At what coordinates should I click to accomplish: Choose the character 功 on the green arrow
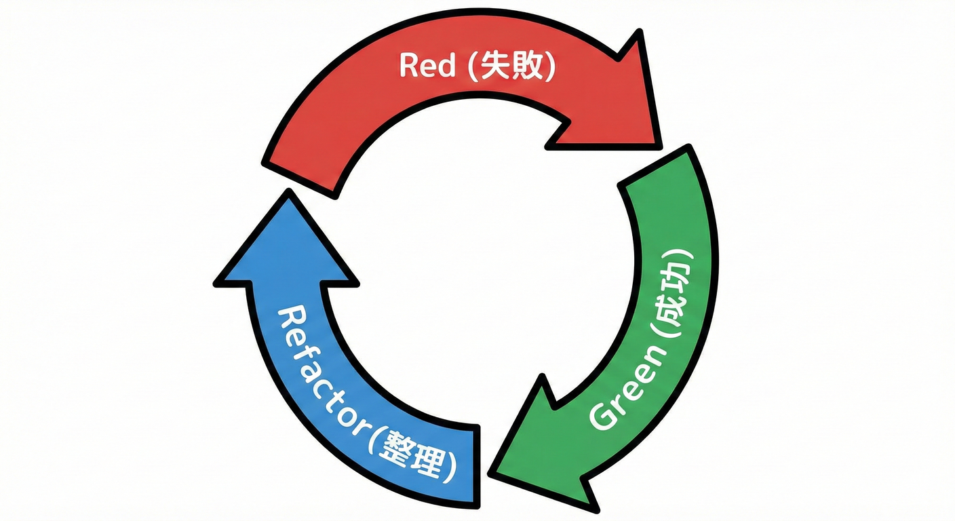[x=681, y=275]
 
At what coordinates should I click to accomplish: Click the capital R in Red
[x=409, y=66]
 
